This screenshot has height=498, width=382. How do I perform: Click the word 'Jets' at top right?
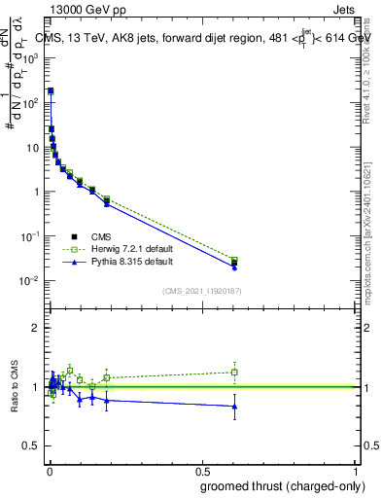point(345,11)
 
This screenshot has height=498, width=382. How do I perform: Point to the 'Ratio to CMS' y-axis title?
point(14,387)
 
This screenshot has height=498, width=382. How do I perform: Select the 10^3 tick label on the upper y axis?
point(31,58)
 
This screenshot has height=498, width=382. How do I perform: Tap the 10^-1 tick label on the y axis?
point(31,236)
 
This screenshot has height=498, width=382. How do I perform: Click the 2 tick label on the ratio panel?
point(36,328)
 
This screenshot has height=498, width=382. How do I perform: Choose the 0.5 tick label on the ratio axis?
point(32,446)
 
